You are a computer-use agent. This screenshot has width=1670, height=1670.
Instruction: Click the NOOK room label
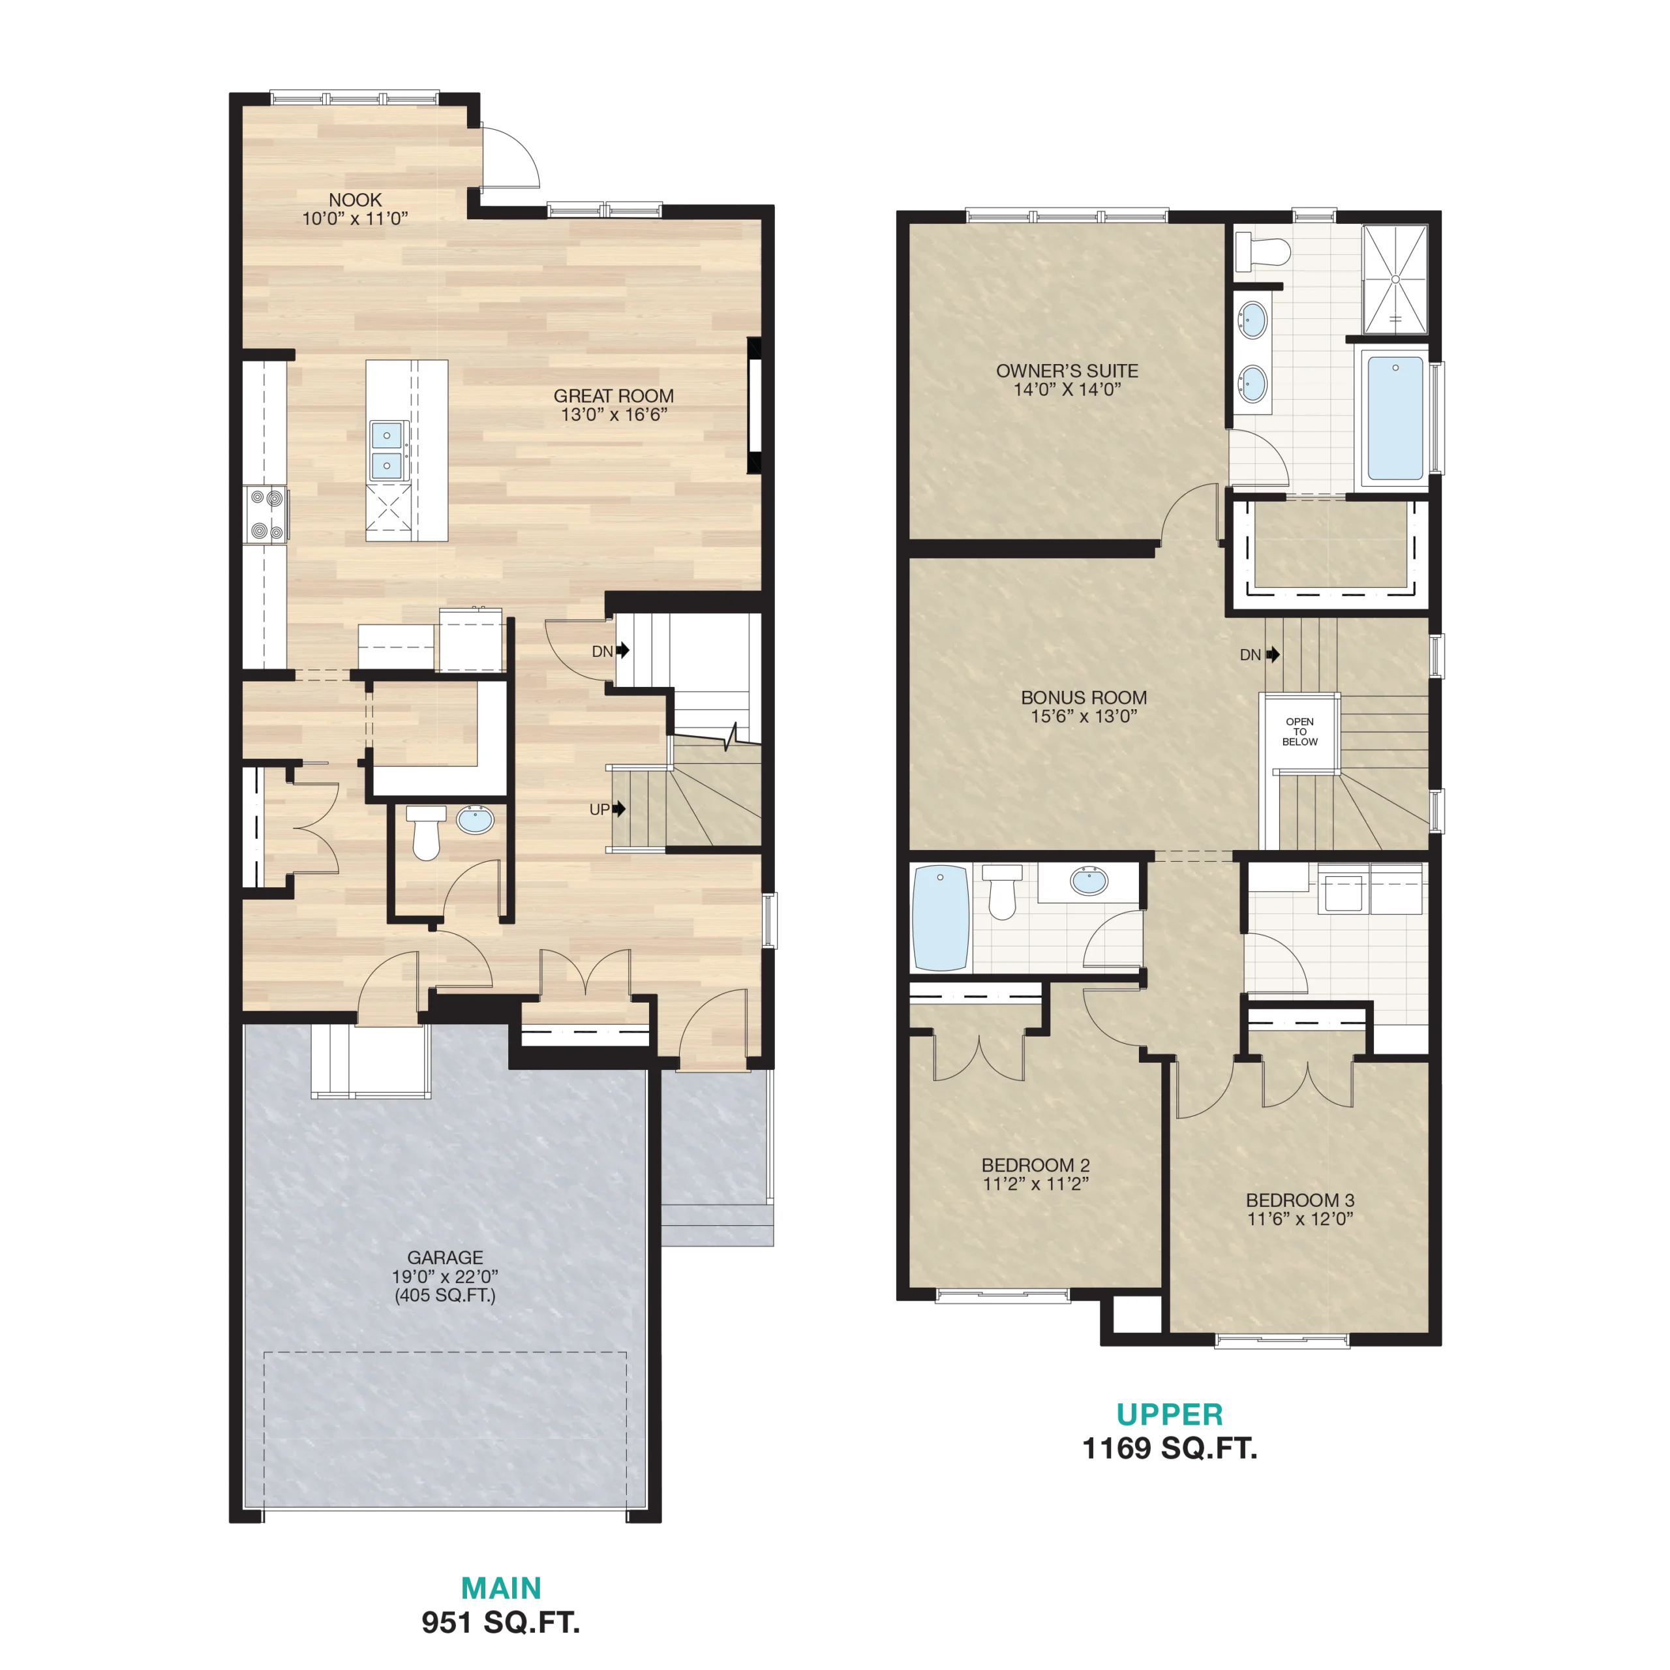(356, 200)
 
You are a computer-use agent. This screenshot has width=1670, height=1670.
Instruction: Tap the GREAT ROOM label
(614, 396)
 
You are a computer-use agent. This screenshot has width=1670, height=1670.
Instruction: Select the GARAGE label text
(445, 1258)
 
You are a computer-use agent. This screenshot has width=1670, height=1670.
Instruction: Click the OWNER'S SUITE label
(1067, 371)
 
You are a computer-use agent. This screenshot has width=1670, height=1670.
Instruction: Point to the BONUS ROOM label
(1084, 697)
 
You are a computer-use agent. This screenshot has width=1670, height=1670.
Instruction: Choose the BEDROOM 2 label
(1035, 1165)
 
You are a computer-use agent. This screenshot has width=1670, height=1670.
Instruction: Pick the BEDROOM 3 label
(1300, 1200)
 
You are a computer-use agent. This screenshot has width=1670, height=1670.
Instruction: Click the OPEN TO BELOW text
(1300, 731)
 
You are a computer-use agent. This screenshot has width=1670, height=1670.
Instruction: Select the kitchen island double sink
(386, 450)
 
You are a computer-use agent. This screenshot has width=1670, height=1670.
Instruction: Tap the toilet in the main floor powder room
(426, 832)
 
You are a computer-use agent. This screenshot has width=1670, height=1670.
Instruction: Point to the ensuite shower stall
(1395, 279)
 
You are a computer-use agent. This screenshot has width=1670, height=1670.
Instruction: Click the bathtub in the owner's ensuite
(1395, 418)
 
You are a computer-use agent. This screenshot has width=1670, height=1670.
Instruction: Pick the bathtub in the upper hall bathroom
(941, 917)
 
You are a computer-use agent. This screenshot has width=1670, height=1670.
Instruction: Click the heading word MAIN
(502, 1588)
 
